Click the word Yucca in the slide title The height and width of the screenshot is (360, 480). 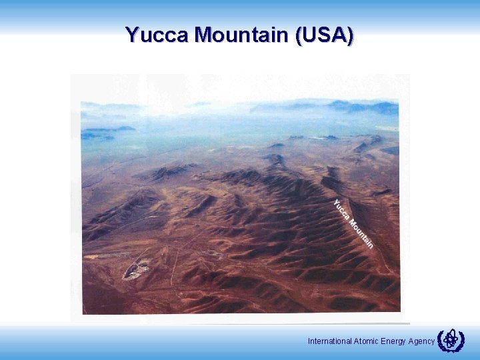click(157, 35)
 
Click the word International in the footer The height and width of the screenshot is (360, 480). click(329, 341)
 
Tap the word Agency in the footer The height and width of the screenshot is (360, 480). click(422, 341)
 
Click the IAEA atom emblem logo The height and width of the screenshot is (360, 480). click(451, 340)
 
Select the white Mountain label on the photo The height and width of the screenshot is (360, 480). click(361, 233)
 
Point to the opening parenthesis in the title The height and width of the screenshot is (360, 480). click(298, 35)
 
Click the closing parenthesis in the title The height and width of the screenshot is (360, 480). click(351, 35)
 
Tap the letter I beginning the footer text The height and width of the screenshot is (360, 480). click(309, 341)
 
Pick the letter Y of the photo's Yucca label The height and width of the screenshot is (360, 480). click(335, 202)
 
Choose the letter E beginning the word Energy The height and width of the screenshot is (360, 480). click(383, 341)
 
